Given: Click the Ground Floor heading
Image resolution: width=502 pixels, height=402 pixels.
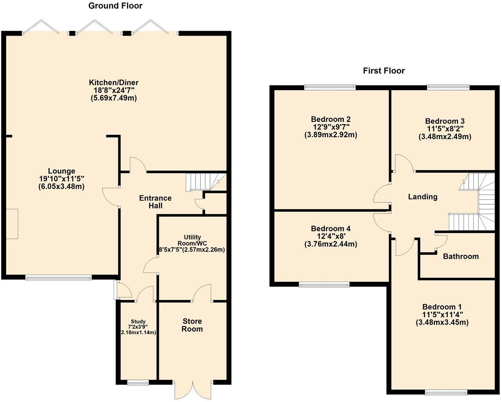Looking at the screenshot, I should tap(115, 6).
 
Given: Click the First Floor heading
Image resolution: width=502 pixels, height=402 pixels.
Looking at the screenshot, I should tap(384, 71).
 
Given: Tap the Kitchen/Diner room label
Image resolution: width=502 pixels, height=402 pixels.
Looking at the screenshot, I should tap(114, 82).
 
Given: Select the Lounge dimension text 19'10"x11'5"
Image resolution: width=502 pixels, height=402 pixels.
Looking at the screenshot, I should tap(61, 179).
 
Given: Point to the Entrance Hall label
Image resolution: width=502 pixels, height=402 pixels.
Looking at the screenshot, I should tap(155, 202).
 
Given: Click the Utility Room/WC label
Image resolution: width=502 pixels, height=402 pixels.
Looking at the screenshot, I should tap(192, 240).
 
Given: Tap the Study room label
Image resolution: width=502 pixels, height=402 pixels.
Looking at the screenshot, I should tap(138, 322).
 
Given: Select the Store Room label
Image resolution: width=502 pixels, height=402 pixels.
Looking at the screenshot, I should tap(192, 325).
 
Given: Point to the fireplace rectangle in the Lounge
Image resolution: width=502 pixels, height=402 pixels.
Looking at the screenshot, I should tap(12, 224).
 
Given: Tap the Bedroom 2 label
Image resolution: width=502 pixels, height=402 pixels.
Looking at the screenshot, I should tap(331, 119).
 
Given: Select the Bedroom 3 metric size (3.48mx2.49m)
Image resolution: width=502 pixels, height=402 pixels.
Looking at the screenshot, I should tap(445, 137).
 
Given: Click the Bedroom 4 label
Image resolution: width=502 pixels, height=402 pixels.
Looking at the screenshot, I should tap(331, 228).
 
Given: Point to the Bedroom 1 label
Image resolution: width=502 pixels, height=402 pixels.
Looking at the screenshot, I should tap(442, 307).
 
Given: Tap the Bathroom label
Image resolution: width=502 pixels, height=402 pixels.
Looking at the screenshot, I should tap(461, 256).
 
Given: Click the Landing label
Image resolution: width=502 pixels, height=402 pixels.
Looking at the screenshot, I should tap(422, 197).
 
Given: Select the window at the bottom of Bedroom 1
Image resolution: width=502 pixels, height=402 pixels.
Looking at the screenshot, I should tap(446, 392).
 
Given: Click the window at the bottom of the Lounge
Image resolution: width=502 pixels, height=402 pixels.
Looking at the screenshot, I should tap(59, 277).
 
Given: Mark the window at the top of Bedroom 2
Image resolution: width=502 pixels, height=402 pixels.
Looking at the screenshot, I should tap(330, 87).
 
